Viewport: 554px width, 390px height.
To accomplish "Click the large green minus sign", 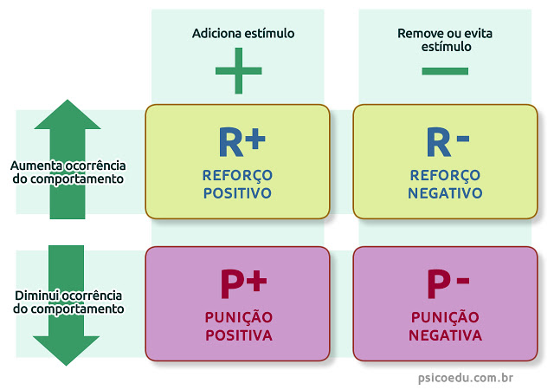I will tap(445, 70).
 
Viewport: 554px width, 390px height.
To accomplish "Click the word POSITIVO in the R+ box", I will tap(237, 193).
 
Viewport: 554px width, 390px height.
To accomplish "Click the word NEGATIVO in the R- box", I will tap(445, 193).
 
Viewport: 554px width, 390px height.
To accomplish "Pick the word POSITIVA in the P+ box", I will tap(237, 335).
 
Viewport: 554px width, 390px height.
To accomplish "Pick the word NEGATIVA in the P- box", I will tap(445, 335).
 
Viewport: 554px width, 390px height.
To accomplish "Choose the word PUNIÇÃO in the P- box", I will tap(445, 316).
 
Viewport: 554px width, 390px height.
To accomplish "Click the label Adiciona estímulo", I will tap(243, 34).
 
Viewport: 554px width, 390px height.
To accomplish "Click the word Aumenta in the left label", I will tap(35, 165).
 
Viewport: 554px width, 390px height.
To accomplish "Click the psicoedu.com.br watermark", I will tap(463, 377).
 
